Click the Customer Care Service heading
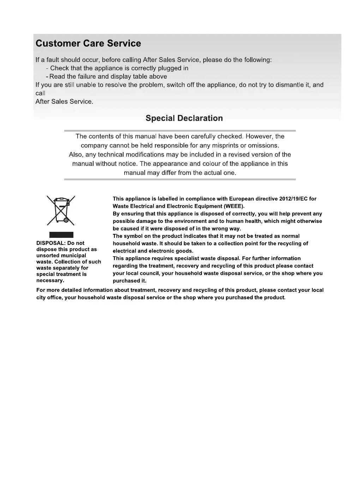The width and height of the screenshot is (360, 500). (x=88, y=43)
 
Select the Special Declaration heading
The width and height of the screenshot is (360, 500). (x=184, y=118)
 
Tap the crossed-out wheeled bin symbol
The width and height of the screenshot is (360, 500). (x=61, y=210)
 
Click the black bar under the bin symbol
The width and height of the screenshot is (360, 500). (x=61, y=235)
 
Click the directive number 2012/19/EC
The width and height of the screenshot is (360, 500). (x=293, y=199)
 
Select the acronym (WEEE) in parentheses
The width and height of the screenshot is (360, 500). (x=232, y=206)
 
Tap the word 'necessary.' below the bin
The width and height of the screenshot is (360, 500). (x=50, y=281)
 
